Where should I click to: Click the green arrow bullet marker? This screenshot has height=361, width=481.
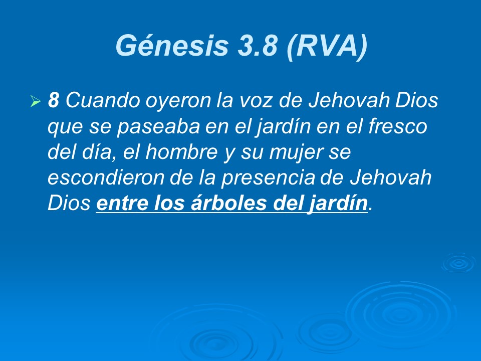(x=35, y=102)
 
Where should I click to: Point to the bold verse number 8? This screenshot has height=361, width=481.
(x=54, y=101)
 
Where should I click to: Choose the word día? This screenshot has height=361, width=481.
(x=103, y=152)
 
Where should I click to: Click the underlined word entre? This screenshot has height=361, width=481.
(x=122, y=204)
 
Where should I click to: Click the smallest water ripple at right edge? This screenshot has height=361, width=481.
(x=458, y=262)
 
